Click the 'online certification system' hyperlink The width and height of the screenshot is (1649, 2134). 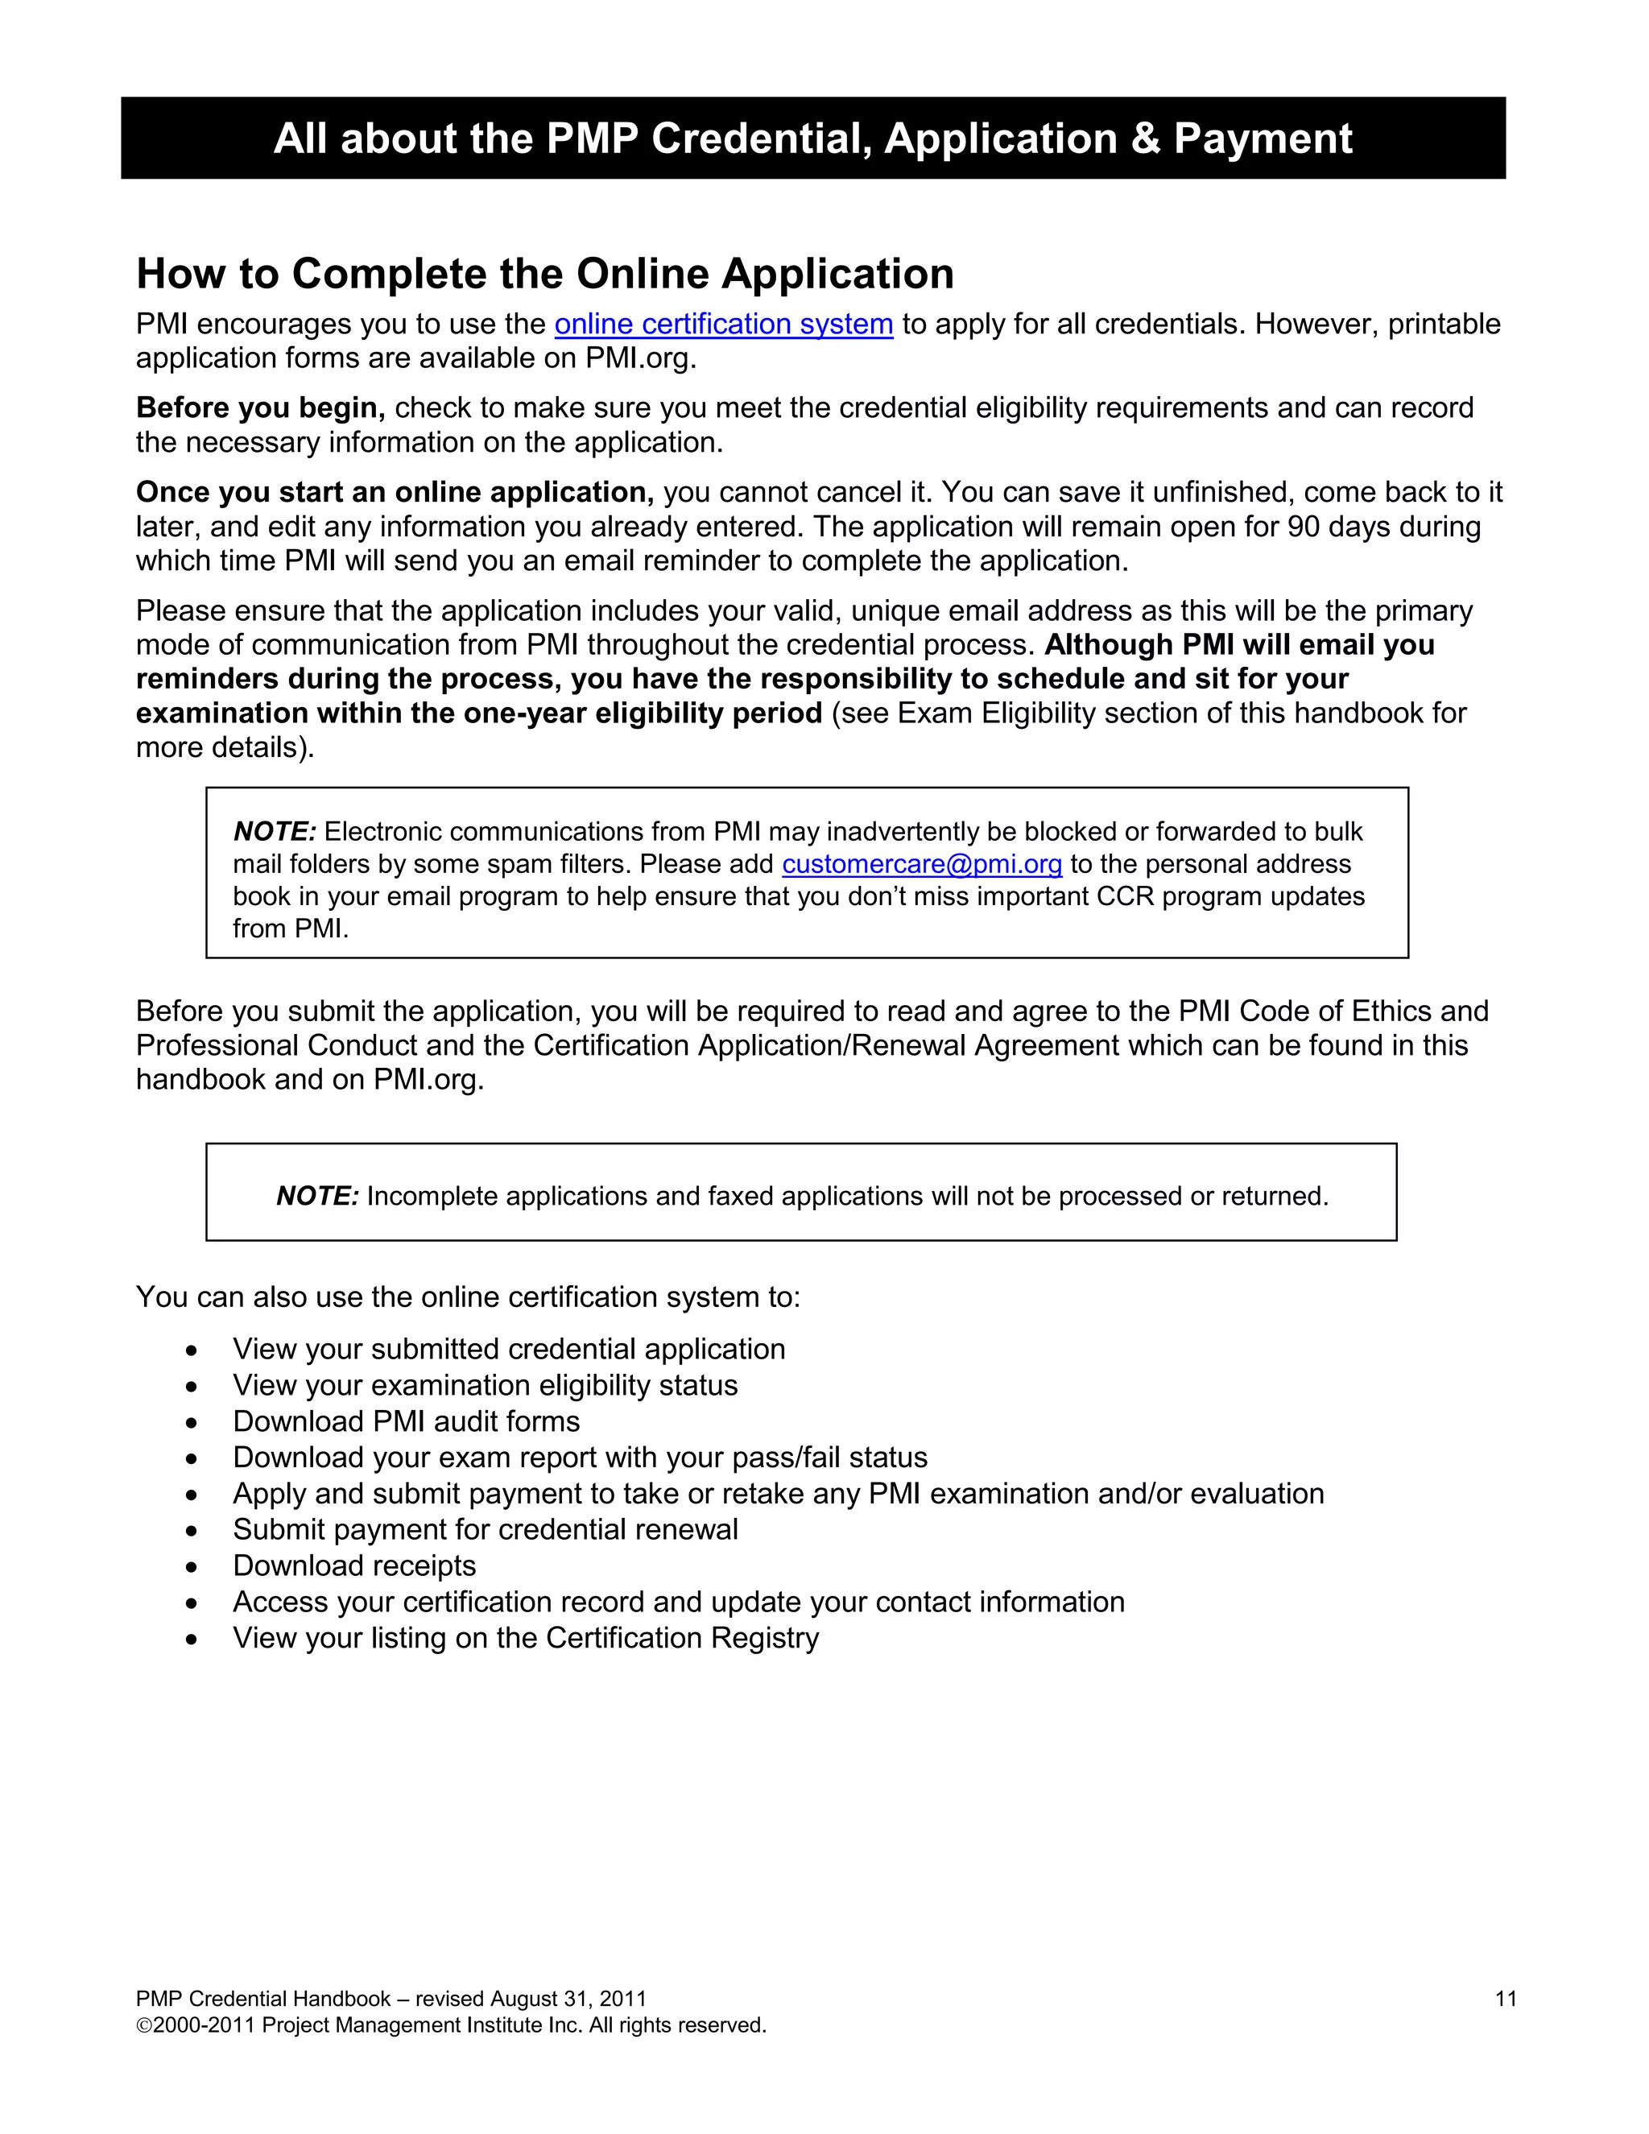point(723,324)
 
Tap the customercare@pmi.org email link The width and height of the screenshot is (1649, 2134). point(921,864)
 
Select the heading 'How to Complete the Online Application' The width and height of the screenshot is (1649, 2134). point(545,274)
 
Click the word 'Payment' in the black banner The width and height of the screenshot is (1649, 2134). point(1263,138)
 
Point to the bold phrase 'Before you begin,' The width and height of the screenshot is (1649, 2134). point(261,407)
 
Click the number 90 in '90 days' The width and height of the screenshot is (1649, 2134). point(1304,527)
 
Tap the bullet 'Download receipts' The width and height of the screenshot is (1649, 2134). point(353,1565)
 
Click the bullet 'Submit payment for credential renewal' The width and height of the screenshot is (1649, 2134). point(485,1529)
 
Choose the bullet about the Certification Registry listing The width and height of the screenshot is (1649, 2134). point(526,1638)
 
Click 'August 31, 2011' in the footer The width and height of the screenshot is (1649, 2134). point(568,2000)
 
